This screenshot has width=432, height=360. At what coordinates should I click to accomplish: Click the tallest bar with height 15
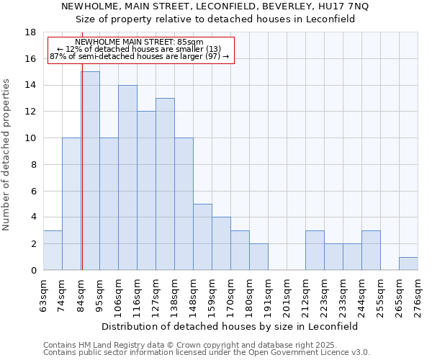coord(90,171)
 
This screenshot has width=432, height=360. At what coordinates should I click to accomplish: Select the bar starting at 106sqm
coord(127,178)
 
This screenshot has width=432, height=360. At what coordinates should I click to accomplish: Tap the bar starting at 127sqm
coord(165,184)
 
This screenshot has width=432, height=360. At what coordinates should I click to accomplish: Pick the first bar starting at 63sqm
coord(53,251)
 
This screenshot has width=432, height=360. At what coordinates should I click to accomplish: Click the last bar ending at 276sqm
coord(408,264)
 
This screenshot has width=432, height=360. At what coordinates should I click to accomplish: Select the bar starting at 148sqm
coord(202,237)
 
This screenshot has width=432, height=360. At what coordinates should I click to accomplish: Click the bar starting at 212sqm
coord(315,251)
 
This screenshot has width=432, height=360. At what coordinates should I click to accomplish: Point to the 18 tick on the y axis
coord(30,32)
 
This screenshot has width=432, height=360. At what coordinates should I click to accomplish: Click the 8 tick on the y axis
coord(33,165)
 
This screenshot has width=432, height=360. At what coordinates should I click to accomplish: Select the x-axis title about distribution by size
coord(230,326)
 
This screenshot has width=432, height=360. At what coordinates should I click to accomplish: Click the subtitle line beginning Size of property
coord(215,19)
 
